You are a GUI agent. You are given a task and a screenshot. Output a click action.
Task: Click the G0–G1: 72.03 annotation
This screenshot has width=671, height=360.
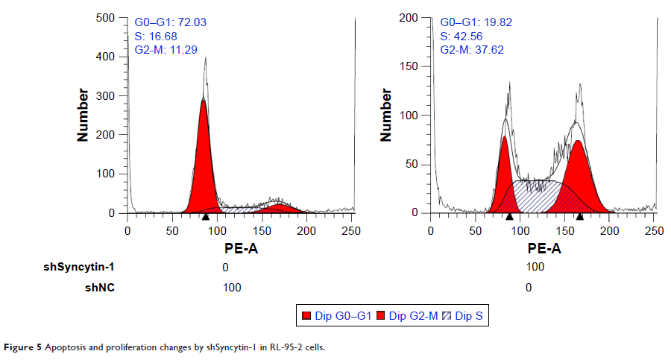(x=171, y=22)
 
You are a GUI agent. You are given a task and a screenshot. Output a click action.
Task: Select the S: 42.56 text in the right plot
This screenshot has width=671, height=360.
(x=459, y=36)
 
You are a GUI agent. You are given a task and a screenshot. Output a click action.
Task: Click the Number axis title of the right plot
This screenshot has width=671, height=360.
(x=386, y=116)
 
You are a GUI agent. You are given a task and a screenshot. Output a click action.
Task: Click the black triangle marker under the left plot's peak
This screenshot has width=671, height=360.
(x=205, y=217)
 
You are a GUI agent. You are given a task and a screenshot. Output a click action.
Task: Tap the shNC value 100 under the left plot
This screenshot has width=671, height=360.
(x=232, y=287)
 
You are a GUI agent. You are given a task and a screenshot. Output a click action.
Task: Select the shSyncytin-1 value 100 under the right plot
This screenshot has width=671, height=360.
(x=535, y=267)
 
